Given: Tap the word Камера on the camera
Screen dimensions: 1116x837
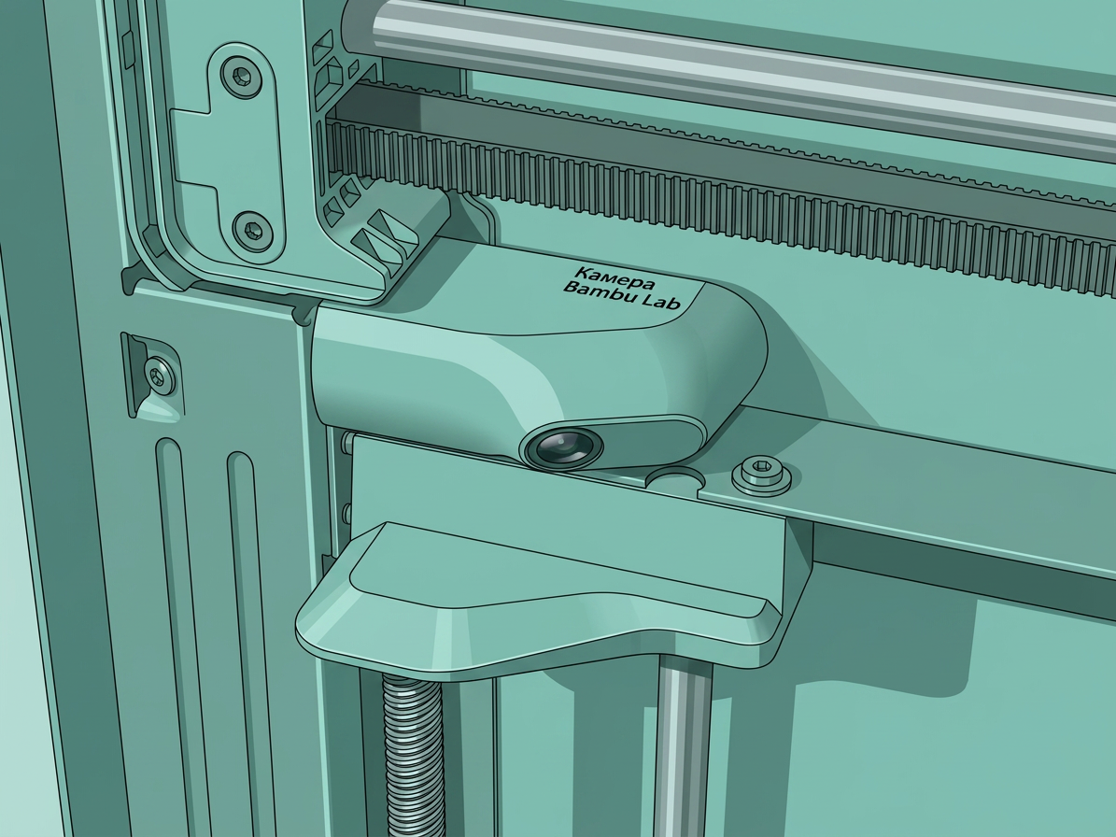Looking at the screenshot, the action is coord(615,277).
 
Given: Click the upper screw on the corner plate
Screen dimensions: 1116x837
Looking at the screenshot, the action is coord(241,75).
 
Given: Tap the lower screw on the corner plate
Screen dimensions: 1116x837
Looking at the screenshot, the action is coord(253,229).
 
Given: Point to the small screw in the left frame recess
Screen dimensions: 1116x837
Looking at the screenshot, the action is coord(159,375).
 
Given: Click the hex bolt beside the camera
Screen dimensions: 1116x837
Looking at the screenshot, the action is coord(761,475).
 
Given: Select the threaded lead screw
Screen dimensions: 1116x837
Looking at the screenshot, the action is coord(413,755).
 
